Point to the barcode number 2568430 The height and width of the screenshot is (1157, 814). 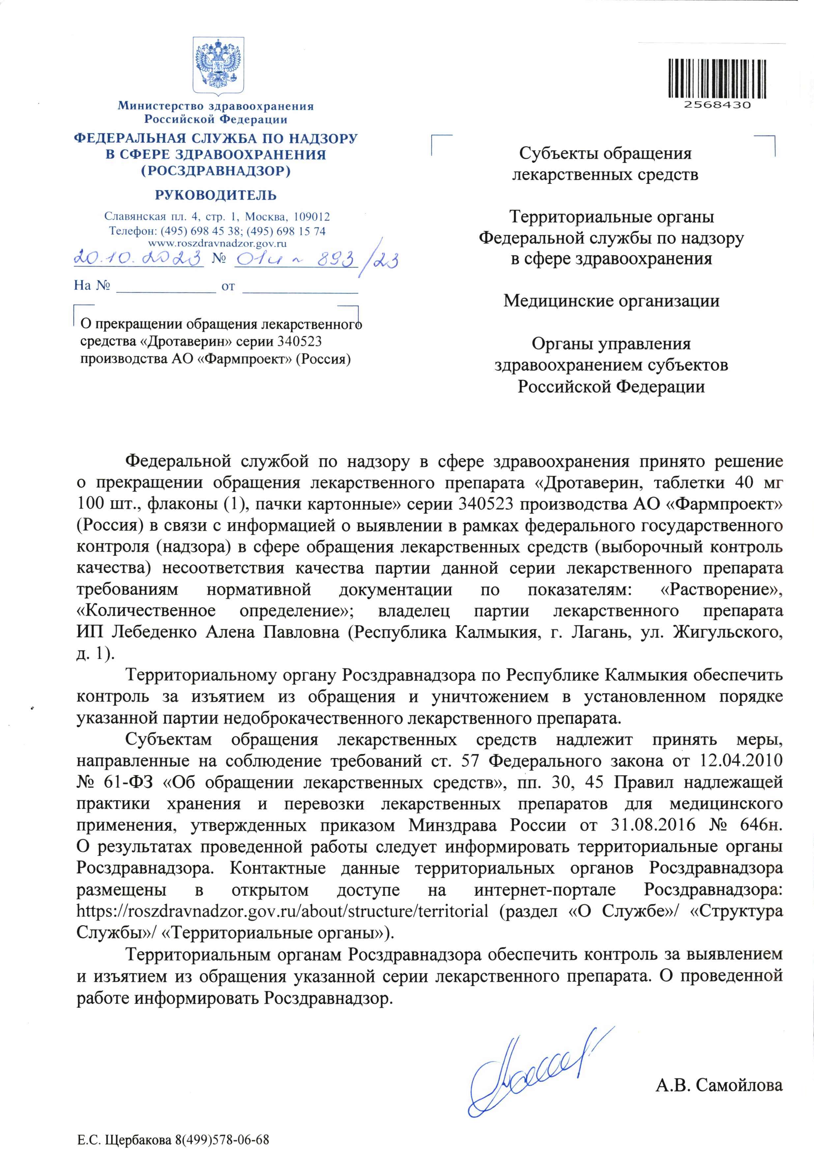click(x=717, y=105)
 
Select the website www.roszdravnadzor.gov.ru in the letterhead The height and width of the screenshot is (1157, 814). click(x=217, y=243)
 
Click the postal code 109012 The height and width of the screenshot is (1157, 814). click(x=312, y=217)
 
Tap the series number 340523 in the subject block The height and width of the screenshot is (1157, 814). click(x=299, y=342)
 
